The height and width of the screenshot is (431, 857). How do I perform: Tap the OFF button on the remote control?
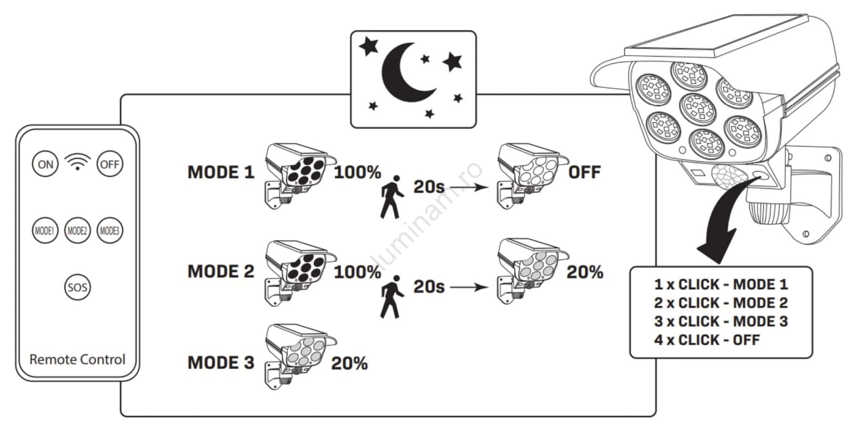[110, 164]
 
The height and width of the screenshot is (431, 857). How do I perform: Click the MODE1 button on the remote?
[44, 231]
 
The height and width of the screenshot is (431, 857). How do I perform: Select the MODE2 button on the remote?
[77, 231]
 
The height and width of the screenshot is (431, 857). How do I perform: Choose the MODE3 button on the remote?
[110, 231]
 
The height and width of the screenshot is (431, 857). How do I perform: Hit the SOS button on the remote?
[77, 287]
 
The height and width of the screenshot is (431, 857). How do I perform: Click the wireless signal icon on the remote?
[78, 161]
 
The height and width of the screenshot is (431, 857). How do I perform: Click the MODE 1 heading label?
[221, 172]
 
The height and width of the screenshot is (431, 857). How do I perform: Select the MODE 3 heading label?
[221, 363]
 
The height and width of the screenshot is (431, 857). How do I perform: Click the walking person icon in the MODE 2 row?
[392, 297]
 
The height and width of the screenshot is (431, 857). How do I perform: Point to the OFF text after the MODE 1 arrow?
[584, 172]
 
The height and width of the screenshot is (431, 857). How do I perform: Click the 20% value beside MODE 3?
[349, 364]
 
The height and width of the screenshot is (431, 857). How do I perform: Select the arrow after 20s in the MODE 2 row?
[469, 287]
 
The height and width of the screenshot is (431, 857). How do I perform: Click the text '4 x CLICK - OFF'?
[706, 340]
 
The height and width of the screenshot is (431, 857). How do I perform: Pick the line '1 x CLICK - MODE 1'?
[720, 284]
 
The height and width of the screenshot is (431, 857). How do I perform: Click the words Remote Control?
[77, 359]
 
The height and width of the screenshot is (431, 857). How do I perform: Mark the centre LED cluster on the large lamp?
[697, 108]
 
